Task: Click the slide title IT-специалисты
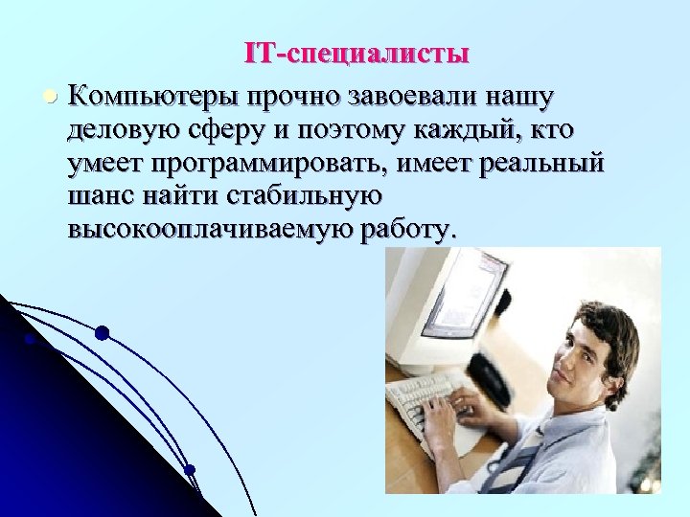(356, 53)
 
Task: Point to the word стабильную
(292, 196)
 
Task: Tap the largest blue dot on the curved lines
(102, 333)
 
